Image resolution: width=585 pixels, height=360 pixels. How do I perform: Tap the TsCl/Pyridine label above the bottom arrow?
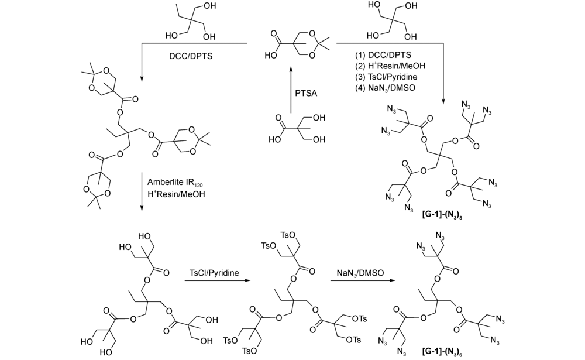[214, 273]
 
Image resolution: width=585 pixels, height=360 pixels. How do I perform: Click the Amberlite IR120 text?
[175, 183]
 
